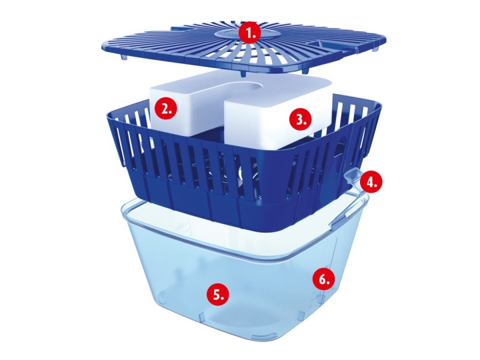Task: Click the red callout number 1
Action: coord(251,33)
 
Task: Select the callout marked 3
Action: coord(300,119)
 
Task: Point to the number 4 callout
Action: coord(371,183)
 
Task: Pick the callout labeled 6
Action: coord(323,279)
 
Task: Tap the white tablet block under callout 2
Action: coord(162,107)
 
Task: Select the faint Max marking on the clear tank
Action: coord(180,227)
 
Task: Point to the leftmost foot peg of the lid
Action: coord(124,57)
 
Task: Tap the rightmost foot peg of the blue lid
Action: coord(376,49)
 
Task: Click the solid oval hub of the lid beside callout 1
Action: coord(236,33)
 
